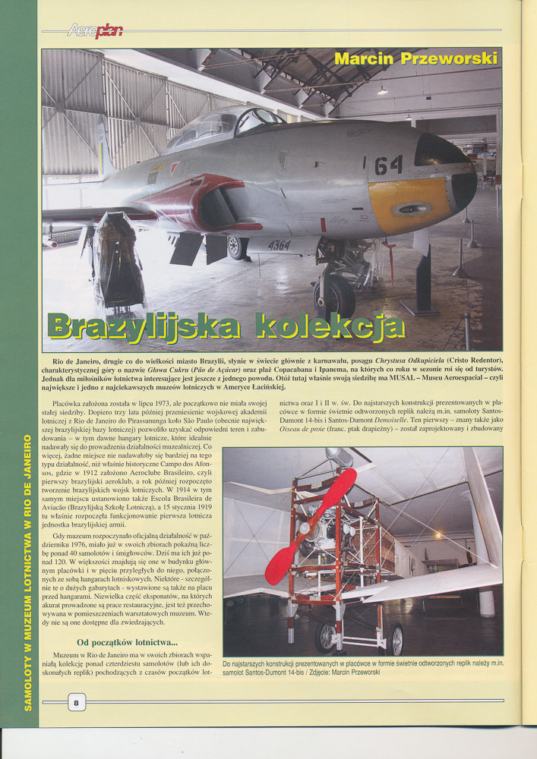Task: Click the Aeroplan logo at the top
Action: pyautogui.click(x=95, y=30)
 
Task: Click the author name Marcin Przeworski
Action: pyautogui.click(x=416, y=58)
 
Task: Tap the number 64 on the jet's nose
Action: pyautogui.click(x=388, y=165)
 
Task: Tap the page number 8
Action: pyautogui.click(x=77, y=702)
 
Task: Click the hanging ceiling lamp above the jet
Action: pyautogui.click(x=382, y=90)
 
